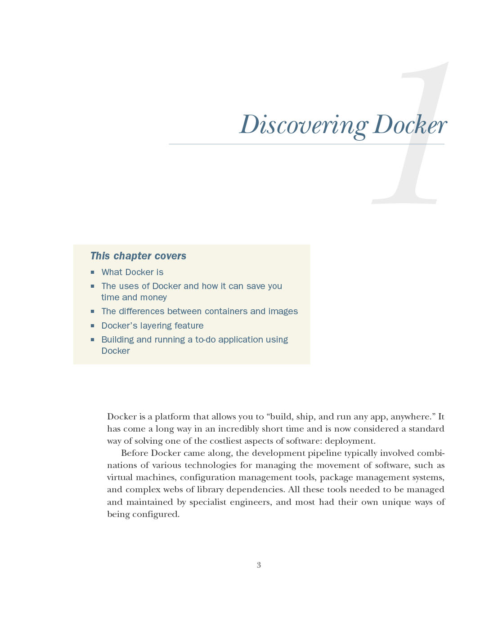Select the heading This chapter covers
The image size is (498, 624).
(x=138, y=256)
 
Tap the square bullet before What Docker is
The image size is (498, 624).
(x=92, y=272)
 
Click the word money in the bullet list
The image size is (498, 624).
(x=153, y=297)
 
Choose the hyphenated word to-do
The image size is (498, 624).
(x=206, y=339)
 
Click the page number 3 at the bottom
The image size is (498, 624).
(x=259, y=565)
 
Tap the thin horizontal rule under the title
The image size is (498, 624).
(x=306, y=144)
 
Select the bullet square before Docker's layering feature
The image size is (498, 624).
(x=92, y=325)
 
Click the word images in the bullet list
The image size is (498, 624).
(x=283, y=311)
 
